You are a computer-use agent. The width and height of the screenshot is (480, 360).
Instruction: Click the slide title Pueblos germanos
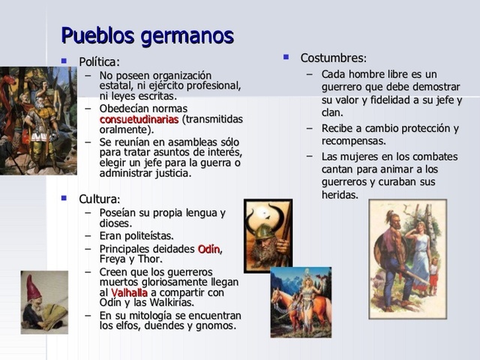(147, 35)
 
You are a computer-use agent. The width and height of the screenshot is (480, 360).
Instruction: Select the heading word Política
(99, 62)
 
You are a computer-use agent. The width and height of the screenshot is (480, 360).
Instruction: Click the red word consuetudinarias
(139, 118)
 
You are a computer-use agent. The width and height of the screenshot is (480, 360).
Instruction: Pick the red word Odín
(210, 248)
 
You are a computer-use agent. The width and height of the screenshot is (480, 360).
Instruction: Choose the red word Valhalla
(129, 292)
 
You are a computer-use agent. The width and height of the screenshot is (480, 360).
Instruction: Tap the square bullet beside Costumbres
(286, 56)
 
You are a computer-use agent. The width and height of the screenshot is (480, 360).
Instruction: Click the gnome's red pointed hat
(34, 287)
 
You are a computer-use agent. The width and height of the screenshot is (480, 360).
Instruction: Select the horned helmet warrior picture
(268, 235)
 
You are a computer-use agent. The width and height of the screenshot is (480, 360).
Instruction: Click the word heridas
(340, 195)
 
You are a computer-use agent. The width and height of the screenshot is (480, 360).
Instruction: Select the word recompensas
(353, 140)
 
